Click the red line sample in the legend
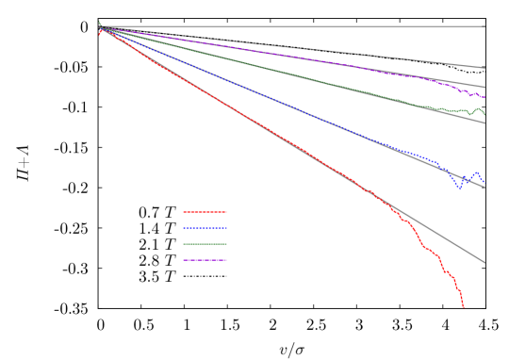(x=205, y=212)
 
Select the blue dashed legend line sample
(x=205, y=228)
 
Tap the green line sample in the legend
(x=205, y=244)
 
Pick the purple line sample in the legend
(x=205, y=260)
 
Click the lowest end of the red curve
(x=464, y=307)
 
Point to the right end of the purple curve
(x=484, y=96)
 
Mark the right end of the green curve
(x=484, y=116)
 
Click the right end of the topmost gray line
(x=485, y=68)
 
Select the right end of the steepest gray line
(x=485, y=263)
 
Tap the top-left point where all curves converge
(x=101, y=28)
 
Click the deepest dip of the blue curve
(x=460, y=188)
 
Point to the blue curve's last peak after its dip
(x=476, y=172)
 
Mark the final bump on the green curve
(x=479, y=109)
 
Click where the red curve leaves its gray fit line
(x=385, y=200)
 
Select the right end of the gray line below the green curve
(x=485, y=123)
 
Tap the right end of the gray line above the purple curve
(x=485, y=88)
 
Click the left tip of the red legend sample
(x=184, y=212)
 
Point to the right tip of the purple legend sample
(x=226, y=260)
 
